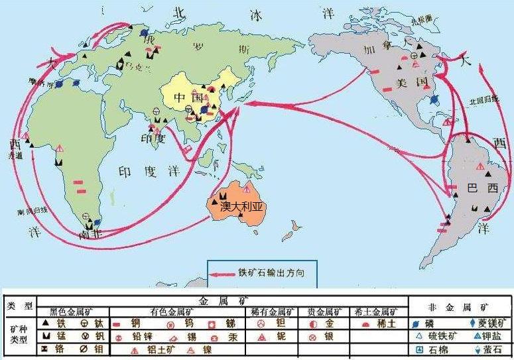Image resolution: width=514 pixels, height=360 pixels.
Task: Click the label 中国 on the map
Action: coord(188,97)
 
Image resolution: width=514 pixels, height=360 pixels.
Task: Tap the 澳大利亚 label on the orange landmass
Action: coord(241,206)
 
